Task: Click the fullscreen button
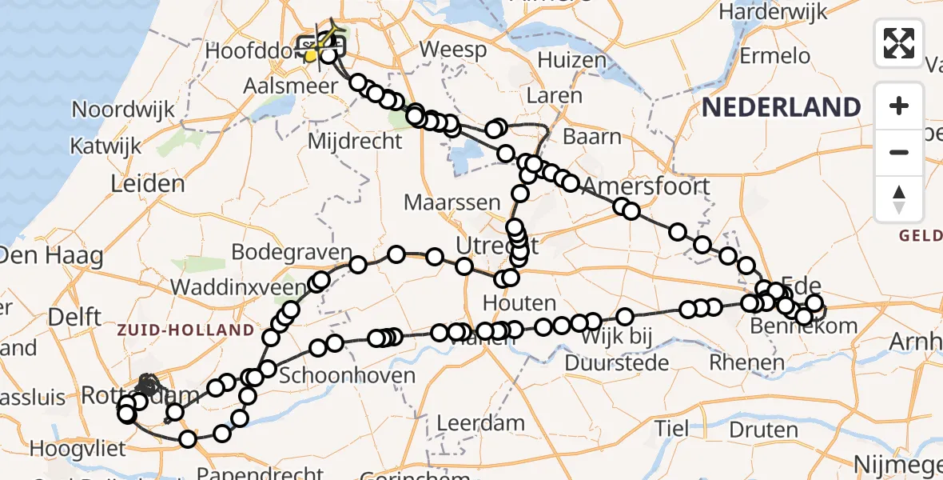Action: pyautogui.click(x=899, y=43)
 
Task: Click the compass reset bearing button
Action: pyautogui.click(x=899, y=198)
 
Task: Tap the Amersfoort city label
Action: pyautogui.click(x=647, y=186)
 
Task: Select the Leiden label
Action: pyautogui.click(x=148, y=184)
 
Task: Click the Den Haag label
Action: pyautogui.click(x=52, y=257)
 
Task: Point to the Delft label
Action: pyautogui.click(x=74, y=315)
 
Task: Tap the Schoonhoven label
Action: pyautogui.click(x=348, y=376)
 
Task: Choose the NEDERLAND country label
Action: pyautogui.click(x=782, y=106)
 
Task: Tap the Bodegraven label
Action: pyautogui.click(x=292, y=252)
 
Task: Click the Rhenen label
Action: pyautogui.click(x=746, y=363)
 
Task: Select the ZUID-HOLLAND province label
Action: pyautogui.click(x=185, y=330)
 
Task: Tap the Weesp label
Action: pyautogui.click(x=453, y=50)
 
